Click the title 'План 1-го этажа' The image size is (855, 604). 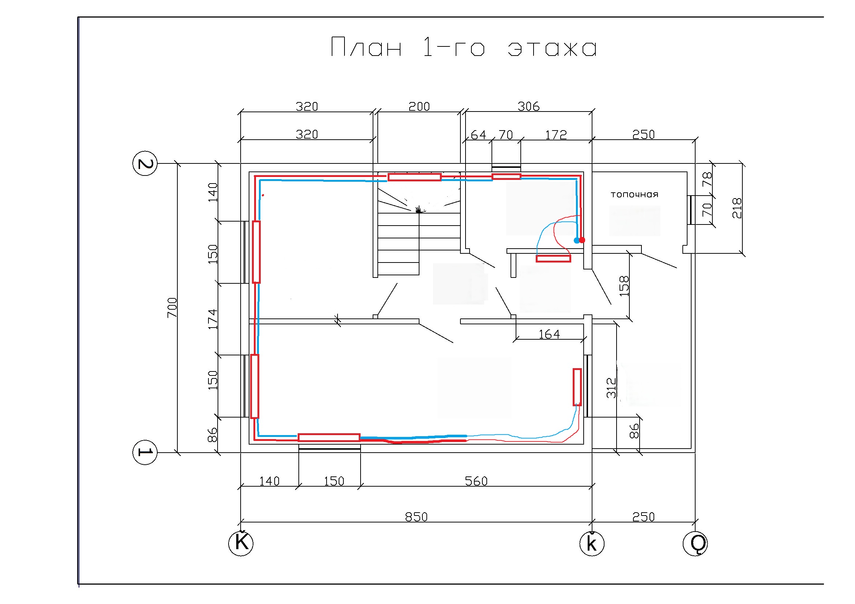point(463,47)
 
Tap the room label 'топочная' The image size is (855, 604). point(634,195)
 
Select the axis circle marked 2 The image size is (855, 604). point(145,163)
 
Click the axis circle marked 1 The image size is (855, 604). point(145,452)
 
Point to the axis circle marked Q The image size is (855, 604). point(695,544)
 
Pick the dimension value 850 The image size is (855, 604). point(416,517)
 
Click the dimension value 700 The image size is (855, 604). point(172,307)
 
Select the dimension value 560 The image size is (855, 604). point(476,481)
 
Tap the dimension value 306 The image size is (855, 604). point(528,106)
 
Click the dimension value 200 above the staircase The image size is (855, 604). point(419,106)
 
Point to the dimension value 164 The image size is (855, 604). point(549,334)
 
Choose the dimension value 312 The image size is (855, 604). point(611,388)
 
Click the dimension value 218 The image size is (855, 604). point(737,208)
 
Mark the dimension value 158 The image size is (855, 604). point(624,286)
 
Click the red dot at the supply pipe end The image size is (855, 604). point(582,240)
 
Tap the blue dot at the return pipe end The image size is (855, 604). point(576,240)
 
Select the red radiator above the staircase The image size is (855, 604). point(414,177)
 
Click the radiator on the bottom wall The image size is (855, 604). point(329,437)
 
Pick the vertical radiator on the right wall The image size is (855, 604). point(577,387)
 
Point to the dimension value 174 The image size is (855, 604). point(212,319)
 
